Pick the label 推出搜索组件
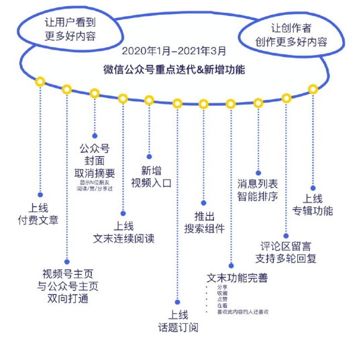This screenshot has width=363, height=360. (x=204, y=223)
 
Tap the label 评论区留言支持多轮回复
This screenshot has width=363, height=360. (x=287, y=251)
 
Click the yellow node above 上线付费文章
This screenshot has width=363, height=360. (x=40, y=82)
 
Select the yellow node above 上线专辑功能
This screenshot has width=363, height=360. (x=313, y=88)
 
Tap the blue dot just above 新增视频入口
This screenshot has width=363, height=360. (x=149, y=156)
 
